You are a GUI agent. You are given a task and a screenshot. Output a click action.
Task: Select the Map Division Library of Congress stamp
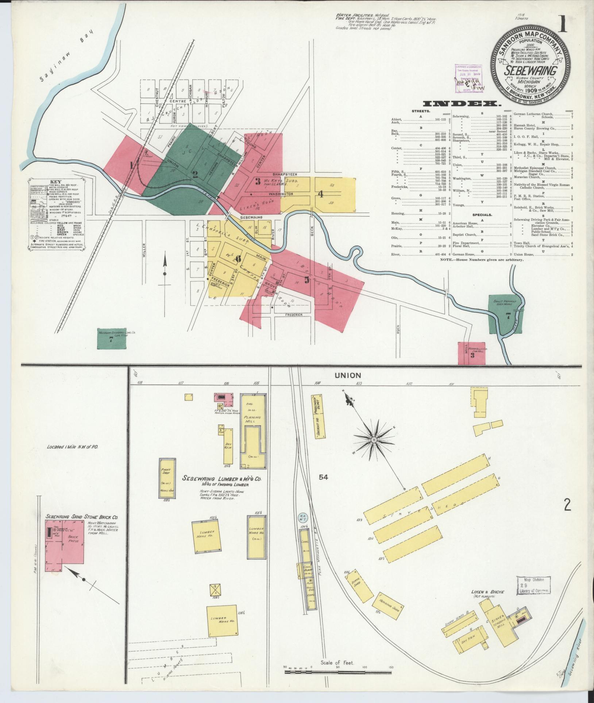pyautogui.click(x=533, y=586)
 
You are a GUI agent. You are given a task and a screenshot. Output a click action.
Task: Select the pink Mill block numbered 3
pyautogui.click(x=472, y=353)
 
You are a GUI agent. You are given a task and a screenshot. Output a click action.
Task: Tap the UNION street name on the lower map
pyautogui.click(x=342, y=375)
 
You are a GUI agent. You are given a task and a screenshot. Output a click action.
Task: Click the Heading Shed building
pyautogui.click(x=388, y=606)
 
